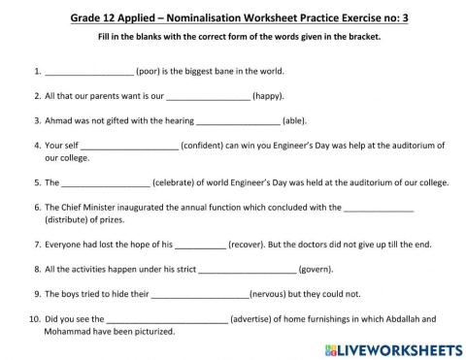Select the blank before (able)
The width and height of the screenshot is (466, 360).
point(237,122)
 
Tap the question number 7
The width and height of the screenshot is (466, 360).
point(36,245)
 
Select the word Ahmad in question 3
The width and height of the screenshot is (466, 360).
point(59,122)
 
